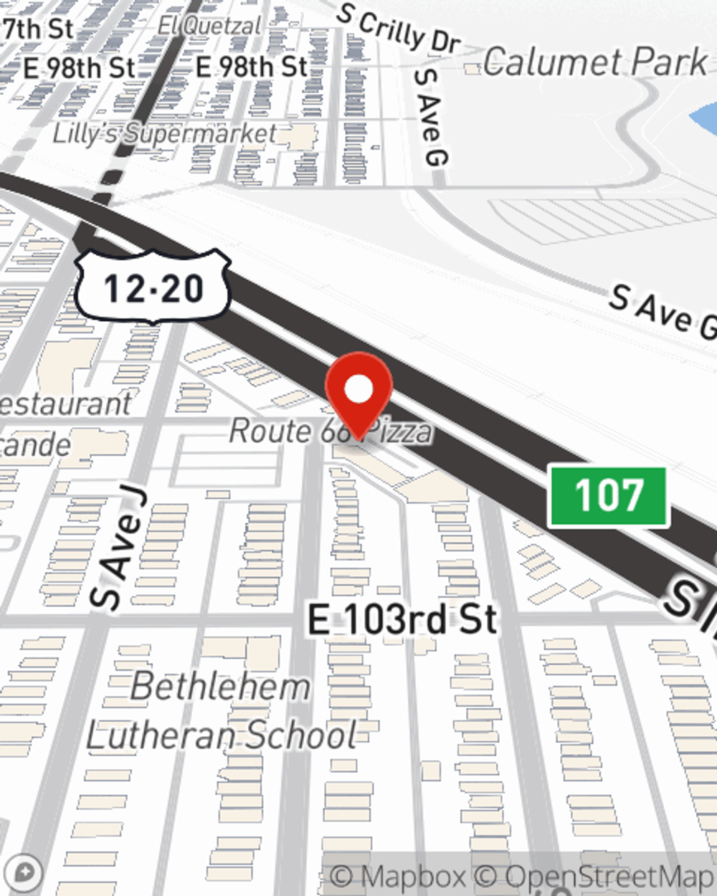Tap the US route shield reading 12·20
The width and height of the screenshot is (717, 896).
153,287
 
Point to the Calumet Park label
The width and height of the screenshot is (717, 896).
594,62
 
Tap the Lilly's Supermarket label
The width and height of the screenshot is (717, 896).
165,133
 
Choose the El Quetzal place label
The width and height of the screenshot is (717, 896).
209,27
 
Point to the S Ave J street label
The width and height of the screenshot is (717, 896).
119,549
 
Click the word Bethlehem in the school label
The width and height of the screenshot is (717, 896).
220,687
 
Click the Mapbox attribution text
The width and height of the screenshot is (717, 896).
398,876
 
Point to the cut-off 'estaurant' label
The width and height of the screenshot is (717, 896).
65,404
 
